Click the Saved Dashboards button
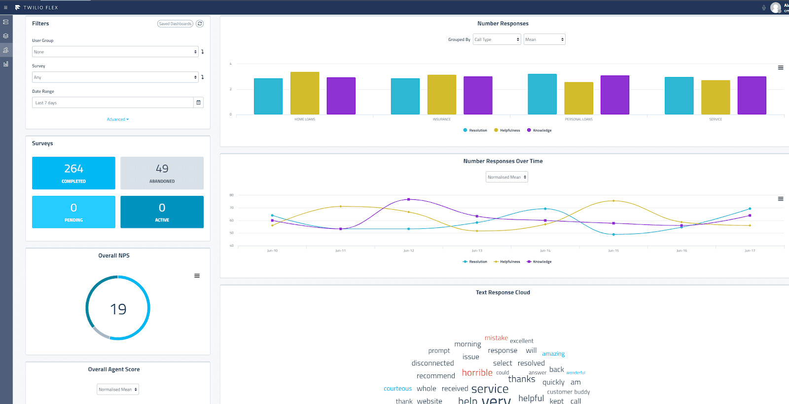175,24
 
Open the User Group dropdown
115,52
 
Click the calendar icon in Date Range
198,103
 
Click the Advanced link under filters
117,119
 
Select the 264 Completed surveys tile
73,173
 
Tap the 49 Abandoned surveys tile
162,173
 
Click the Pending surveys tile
73,212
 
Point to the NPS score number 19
118,309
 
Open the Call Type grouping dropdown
497,39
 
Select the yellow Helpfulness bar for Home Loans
305,94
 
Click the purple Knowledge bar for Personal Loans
614,95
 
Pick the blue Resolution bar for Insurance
405,97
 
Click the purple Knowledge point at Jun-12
409,199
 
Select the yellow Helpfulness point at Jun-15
613,201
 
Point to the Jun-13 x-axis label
477,251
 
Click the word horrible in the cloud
477,372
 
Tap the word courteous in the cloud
397,389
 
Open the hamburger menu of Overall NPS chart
197,276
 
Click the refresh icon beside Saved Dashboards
200,24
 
